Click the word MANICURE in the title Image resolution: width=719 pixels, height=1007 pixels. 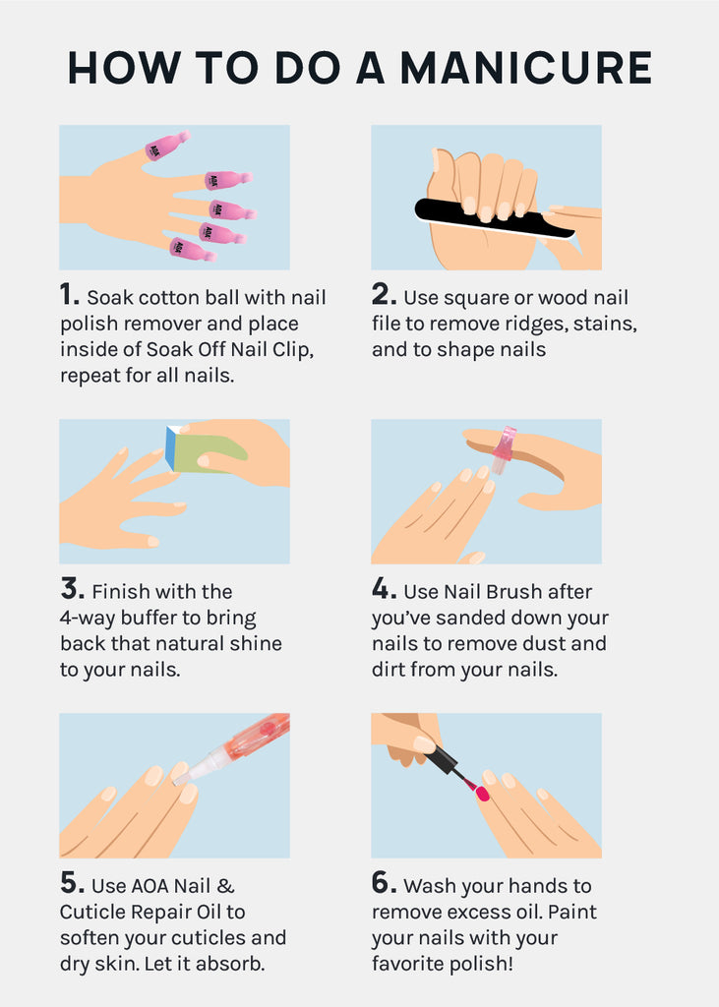[526, 68]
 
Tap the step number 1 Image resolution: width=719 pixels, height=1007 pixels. [69, 295]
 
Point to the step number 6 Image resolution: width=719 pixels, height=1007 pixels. [384, 882]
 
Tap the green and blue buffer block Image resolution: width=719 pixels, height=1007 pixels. [206, 451]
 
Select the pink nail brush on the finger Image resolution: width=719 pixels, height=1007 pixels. [505, 447]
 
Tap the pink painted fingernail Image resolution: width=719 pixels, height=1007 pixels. [482, 795]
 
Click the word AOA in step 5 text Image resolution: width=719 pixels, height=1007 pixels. [151, 886]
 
